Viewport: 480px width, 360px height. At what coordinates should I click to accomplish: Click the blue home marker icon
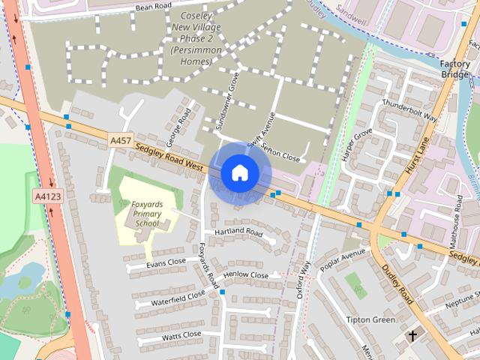pyautogui.click(x=239, y=172)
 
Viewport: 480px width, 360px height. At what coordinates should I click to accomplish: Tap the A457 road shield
pyautogui.click(x=120, y=140)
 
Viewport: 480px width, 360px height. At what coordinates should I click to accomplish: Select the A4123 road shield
pyautogui.click(x=46, y=196)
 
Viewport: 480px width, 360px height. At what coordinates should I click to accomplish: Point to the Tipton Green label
pyautogui.click(x=370, y=319)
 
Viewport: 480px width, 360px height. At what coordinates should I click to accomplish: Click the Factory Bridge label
pyautogui.click(x=454, y=70)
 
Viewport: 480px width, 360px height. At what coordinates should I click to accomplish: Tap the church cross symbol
pyautogui.click(x=412, y=335)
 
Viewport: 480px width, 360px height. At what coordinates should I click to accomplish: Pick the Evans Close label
pyautogui.click(x=166, y=263)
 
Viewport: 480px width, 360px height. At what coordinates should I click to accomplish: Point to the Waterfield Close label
pyautogui.click(x=178, y=297)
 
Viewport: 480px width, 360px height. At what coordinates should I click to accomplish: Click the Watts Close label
pyautogui.click(x=181, y=334)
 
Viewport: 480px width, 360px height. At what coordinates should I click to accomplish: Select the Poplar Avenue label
pyautogui.click(x=341, y=259)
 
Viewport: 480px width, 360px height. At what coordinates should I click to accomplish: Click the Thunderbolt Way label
pyautogui.click(x=409, y=109)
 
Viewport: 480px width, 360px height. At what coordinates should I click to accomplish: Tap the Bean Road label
pyautogui.click(x=154, y=7)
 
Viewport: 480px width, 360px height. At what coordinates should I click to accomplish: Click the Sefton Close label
pyautogui.click(x=281, y=154)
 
